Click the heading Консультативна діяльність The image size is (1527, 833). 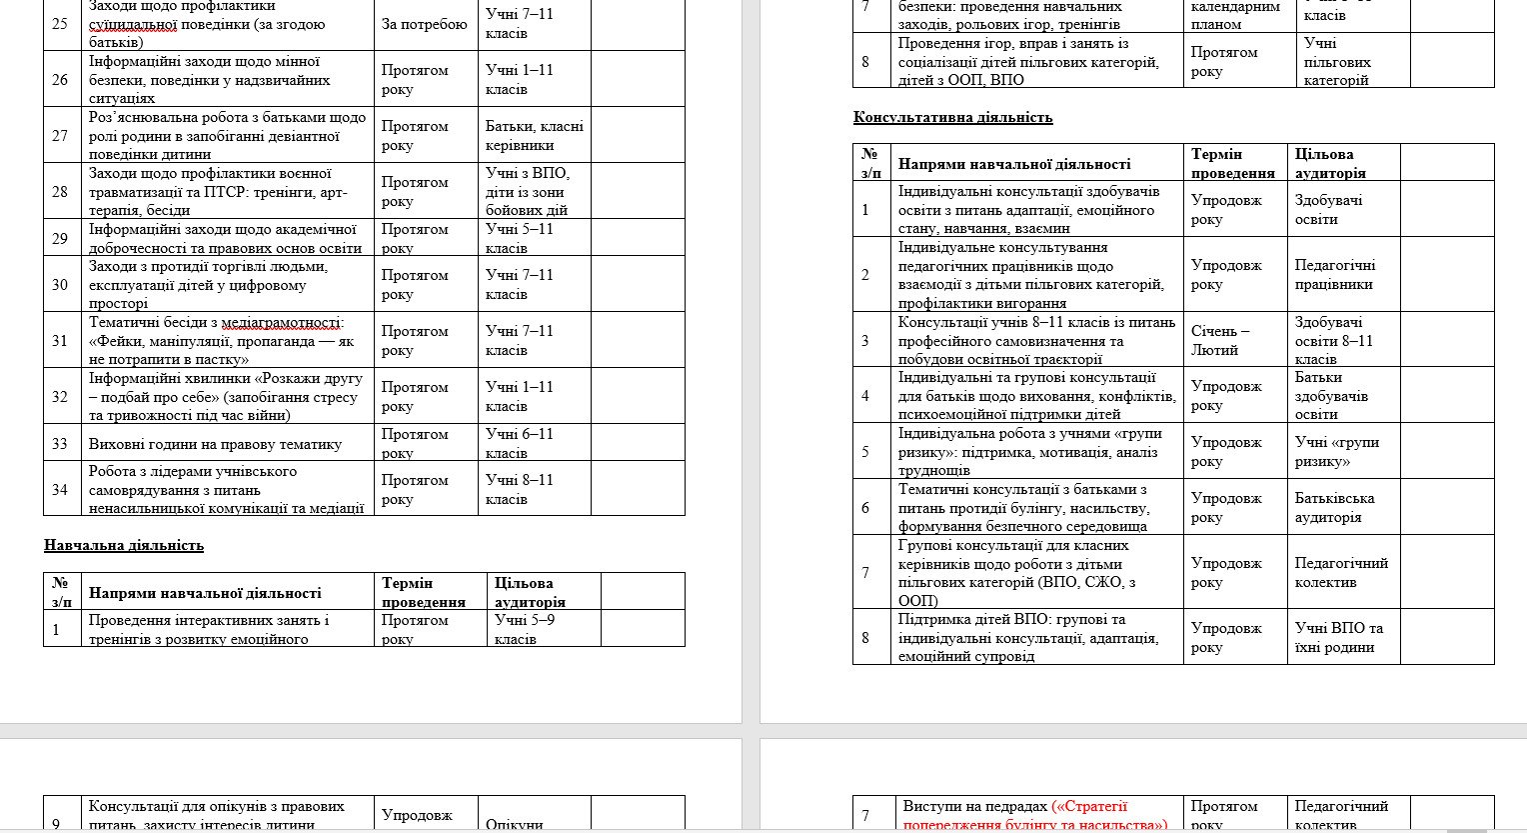click(x=952, y=117)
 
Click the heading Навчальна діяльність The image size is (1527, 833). click(x=124, y=545)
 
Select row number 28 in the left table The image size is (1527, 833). click(x=60, y=191)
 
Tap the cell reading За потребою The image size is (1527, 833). click(x=424, y=24)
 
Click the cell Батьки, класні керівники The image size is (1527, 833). click(x=534, y=135)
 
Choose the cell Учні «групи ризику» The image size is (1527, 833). click(x=1336, y=451)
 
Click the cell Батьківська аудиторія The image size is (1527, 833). click(x=1334, y=507)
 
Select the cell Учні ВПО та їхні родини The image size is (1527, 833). click(x=1338, y=637)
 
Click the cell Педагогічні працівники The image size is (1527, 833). click(x=1334, y=274)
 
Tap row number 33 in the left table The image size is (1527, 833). click(x=60, y=443)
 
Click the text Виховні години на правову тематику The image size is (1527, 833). click(x=215, y=444)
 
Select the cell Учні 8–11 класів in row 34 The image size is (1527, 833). click(x=519, y=489)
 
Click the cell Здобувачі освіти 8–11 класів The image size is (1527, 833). click(x=1333, y=340)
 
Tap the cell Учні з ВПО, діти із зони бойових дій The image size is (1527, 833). click(x=527, y=191)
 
